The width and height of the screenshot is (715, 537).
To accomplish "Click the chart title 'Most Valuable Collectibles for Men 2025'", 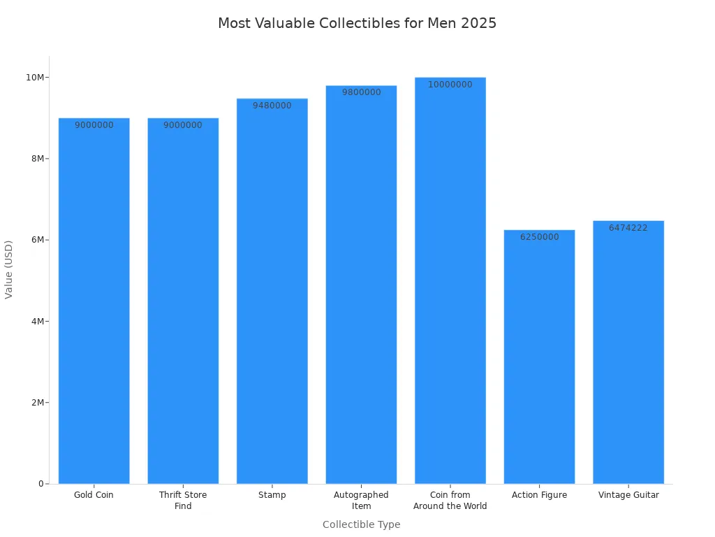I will pyautogui.click(x=357, y=23).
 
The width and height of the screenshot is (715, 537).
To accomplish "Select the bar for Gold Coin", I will pyautogui.click(x=94, y=301).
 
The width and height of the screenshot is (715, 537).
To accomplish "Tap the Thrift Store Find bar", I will pyautogui.click(x=183, y=301).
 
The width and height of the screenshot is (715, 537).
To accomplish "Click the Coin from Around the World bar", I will pyautogui.click(x=450, y=280).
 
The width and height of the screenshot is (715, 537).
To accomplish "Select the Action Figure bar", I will pyautogui.click(x=539, y=357).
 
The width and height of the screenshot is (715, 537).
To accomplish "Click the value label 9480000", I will pyautogui.click(x=272, y=106).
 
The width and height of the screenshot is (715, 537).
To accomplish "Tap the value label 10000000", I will pyautogui.click(x=450, y=85).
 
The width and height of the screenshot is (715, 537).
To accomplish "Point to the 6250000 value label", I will pyautogui.click(x=539, y=237).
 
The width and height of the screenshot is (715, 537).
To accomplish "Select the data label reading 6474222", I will pyautogui.click(x=628, y=228).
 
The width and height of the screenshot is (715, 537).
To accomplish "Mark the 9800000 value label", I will pyautogui.click(x=361, y=92).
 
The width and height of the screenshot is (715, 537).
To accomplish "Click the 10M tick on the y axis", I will pyautogui.click(x=35, y=77).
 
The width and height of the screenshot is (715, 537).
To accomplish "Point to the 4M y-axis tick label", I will pyautogui.click(x=37, y=321).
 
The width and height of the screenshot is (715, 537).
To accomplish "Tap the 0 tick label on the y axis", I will pyautogui.click(x=42, y=484).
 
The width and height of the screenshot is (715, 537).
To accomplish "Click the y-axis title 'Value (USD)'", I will pyautogui.click(x=9, y=269).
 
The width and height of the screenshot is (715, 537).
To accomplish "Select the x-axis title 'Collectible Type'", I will pyautogui.click(x=361, y=524).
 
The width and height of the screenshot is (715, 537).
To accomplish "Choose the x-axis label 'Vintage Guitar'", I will pyautogui.click(x=628, y=495).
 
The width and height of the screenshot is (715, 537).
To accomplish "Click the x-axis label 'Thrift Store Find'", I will pyautogui.click(x=183, y=500).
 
